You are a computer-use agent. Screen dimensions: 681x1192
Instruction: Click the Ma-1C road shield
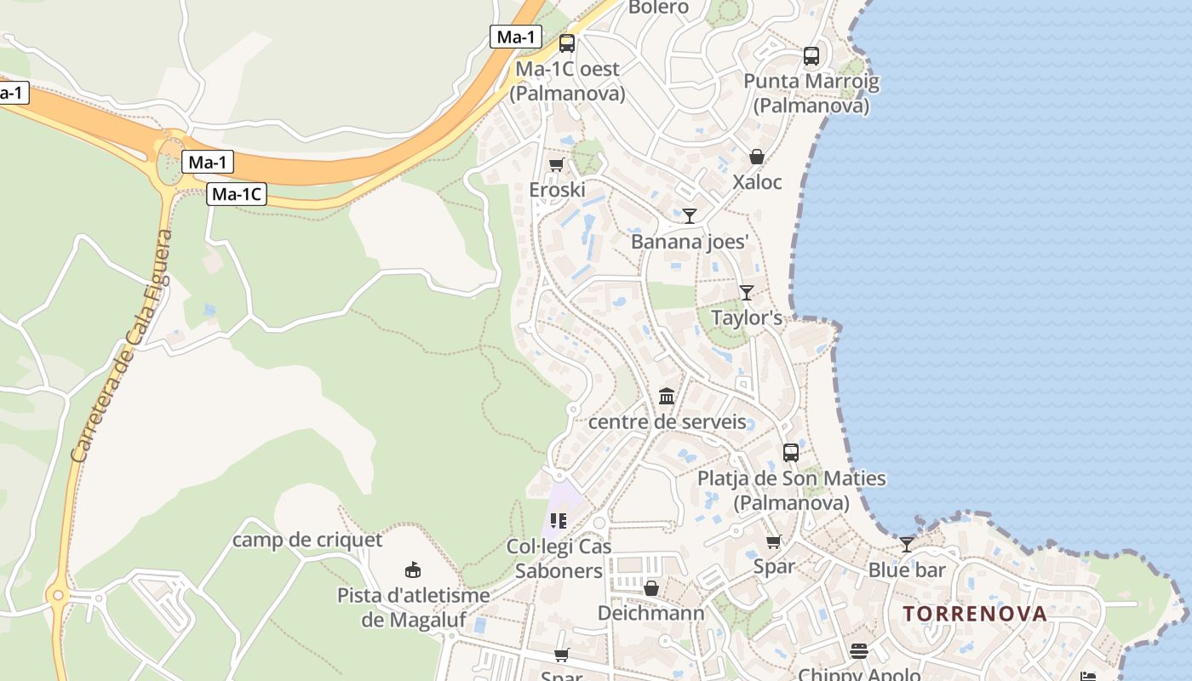[237, 194]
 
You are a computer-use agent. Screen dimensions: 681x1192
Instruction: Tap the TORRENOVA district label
[975, 614]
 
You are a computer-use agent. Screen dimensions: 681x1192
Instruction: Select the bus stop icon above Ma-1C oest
[567, 43]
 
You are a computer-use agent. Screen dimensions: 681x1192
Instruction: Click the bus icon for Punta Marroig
[811, 56]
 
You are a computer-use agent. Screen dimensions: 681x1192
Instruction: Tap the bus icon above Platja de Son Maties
[791, 453]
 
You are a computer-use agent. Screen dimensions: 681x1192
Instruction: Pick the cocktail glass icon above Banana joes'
[690, 216]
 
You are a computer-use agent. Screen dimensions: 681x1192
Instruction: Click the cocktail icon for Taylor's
[747, 293]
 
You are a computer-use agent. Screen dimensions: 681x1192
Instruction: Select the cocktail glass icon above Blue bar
[907, 545]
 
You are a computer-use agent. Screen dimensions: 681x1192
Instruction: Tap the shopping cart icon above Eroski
[557, 164]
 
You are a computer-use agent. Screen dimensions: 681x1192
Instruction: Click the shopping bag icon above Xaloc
[756, 157]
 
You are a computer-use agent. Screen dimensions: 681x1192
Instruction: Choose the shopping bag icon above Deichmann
[651, 588]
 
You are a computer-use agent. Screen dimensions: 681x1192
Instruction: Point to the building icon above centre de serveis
[667, 397]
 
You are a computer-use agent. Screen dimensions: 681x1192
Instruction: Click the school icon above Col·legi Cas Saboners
[559, 520]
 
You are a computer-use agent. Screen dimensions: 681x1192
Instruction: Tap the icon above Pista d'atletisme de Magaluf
[413, 569]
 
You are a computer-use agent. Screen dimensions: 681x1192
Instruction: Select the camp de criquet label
[307, 540]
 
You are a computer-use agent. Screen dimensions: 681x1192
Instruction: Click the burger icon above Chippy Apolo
[859, 651]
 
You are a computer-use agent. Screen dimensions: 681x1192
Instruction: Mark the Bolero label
[658, 8]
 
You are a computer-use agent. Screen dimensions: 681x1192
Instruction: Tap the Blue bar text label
[907, 569]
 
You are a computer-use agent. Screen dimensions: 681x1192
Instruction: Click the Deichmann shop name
[651, 613]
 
